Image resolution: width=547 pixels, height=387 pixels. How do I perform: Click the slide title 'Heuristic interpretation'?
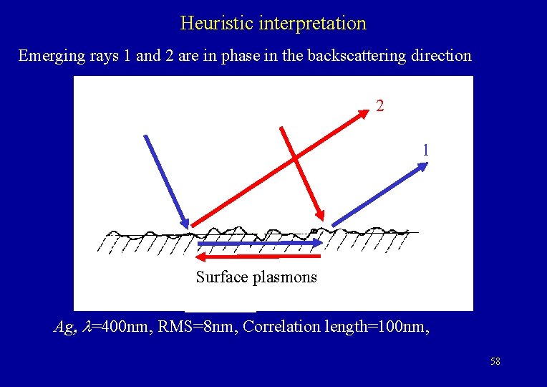coord(273,23)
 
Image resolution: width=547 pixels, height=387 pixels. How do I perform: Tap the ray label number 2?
coord(380,106)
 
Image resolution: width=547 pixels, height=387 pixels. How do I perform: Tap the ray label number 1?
coord(426,150)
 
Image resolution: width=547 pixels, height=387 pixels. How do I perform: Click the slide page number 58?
coord(495,362)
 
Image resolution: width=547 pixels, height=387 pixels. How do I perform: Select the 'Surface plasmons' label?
coord(256,277)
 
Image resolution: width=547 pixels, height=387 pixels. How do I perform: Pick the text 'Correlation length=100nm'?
coord(337,327)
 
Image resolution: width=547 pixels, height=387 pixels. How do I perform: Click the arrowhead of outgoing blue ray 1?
coord(423,166)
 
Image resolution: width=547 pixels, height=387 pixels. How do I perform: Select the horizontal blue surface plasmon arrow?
coord(258,244)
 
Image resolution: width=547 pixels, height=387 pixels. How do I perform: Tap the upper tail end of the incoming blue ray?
coord(145,136)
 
